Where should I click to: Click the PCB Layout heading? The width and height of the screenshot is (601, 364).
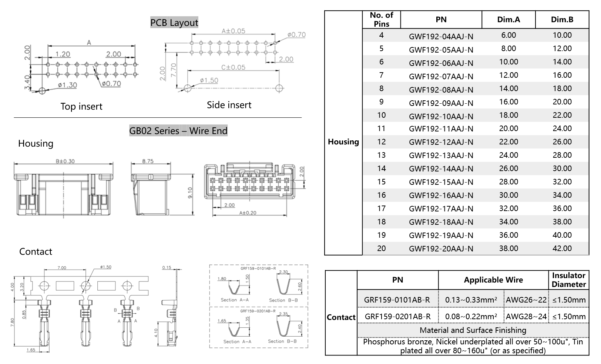[174, 23]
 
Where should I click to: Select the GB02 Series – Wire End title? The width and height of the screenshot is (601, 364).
[178, 131]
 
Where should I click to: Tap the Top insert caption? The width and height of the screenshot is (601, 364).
[81, 107]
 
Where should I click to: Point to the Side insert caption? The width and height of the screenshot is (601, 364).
[229, 105]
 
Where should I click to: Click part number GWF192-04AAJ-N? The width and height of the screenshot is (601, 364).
[441, 36]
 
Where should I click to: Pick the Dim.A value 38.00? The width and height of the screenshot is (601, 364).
[508, 248]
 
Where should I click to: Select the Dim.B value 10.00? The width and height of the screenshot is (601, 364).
[562, 35]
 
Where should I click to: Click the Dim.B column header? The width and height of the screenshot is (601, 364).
[562, 20]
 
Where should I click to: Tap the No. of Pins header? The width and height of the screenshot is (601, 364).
[381, 20]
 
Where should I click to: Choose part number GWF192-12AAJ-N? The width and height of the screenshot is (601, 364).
[441, 142]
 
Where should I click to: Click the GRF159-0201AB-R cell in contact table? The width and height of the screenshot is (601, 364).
[397, 317]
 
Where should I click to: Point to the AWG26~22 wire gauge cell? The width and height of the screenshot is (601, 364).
[526, 300]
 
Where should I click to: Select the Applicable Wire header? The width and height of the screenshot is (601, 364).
[493, 280]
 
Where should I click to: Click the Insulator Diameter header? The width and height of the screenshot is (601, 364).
[568, 280]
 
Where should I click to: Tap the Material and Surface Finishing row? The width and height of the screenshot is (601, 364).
[473, 330]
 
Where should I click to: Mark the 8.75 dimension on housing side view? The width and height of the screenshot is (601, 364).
[148, 161]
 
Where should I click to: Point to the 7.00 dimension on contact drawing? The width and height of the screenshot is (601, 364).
[62, 268]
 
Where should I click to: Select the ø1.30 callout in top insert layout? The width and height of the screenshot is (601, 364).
[67, 85]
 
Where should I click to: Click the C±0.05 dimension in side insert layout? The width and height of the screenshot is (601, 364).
[233, 67]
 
